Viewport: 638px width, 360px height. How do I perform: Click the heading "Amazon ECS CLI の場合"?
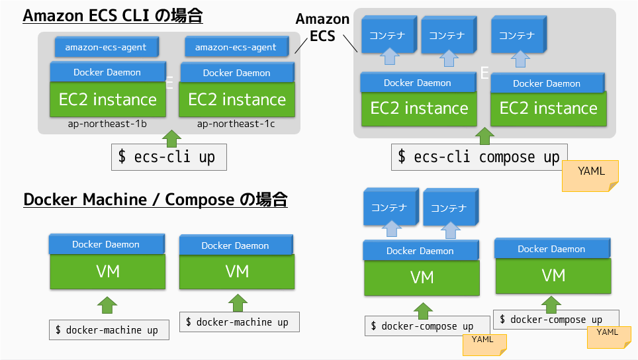pos(113,16)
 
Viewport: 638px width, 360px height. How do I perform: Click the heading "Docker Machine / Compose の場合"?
pos(156,199)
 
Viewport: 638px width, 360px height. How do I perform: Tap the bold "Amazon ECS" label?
pos(322,28)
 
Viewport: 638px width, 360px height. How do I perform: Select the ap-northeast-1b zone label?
pos(107,124)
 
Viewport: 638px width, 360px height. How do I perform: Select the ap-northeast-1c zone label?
pos(236,124)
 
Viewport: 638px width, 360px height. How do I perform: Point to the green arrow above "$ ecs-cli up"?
pos(171,137)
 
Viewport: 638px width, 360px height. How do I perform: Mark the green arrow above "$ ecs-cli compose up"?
pos(486,136)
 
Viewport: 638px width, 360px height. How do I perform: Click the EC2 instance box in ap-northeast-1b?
pos(107,100)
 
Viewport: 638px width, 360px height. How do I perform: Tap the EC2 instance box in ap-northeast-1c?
pos(236,100)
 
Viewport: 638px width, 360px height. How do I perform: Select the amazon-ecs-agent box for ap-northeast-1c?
pos(236,47)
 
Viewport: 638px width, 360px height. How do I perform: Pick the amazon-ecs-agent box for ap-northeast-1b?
pos(106,47)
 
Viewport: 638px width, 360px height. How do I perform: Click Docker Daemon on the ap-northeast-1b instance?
pos(107,71)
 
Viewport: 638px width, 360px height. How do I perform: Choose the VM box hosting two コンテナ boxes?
pos(422,277)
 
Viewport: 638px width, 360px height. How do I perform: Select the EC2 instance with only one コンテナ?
pos(548,109)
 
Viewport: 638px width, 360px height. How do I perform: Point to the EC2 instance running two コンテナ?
pos(418,109)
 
